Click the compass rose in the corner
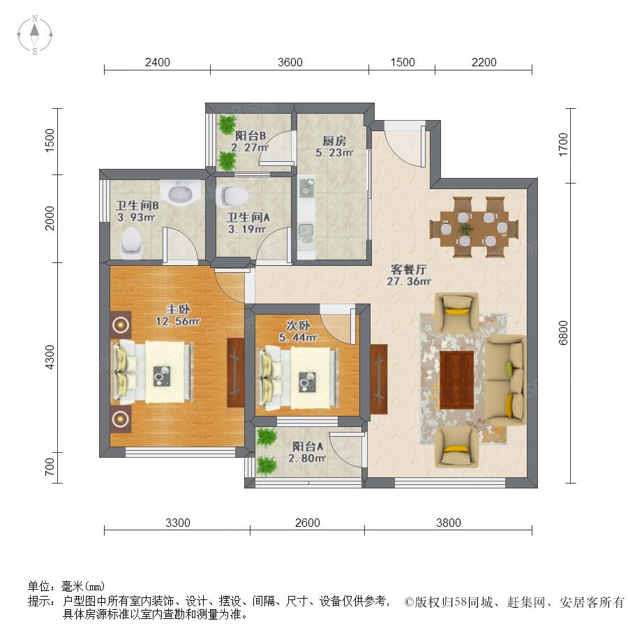point(35,34)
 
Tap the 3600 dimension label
point(290,62)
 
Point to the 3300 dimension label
point(177,523)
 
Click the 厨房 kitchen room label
point(334,140)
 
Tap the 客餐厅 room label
point(408,269)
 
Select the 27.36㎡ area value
point(408,281)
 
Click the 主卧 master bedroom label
point(178,309)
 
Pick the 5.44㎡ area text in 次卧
point(299,338)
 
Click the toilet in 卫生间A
point(232,196)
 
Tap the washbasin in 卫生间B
point(180,193)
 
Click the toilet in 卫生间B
point(132,243)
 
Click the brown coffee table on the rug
point(456,380)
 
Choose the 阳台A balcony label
point(308,446)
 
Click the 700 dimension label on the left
point(50,468)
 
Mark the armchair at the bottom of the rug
point(457,447)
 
